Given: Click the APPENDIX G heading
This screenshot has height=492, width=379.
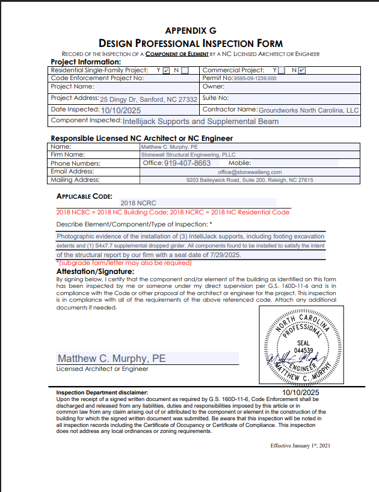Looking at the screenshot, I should (190, 30).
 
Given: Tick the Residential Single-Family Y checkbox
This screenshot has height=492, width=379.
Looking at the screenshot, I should (167, 70).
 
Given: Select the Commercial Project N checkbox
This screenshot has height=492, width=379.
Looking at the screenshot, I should (302, 70).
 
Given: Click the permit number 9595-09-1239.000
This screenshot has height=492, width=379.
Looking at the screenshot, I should (255, 78).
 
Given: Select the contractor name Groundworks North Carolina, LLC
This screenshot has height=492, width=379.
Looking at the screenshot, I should (308, 110).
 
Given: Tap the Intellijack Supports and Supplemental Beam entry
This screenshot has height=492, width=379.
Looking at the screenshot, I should (200, 121).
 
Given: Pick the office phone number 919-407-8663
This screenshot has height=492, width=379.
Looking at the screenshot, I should (187, 163).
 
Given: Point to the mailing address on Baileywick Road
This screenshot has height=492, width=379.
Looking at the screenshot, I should (249, 180).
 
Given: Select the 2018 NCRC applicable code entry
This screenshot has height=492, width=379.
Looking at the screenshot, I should (138, 204).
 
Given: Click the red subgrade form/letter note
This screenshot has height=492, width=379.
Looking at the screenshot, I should (124, 263).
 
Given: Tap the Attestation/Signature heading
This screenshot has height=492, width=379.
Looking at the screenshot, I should (94, 272).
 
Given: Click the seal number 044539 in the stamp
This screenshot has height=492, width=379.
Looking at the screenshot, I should (303, 350).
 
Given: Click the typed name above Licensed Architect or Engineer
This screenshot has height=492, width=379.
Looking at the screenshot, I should (111, 358).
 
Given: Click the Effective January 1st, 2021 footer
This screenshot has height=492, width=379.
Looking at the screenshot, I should (300, 446).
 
